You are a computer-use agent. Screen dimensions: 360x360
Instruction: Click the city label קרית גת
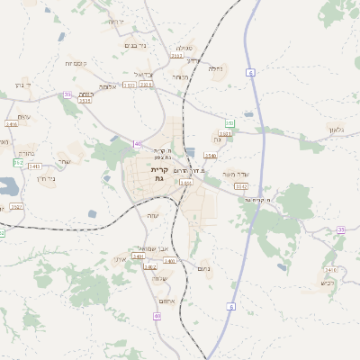tap(159, 174)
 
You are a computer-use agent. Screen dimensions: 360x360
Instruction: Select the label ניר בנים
tap(133, 44)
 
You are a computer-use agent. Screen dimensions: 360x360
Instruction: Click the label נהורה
tap(26, 153)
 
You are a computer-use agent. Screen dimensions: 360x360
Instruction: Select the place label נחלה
tap(215, 68)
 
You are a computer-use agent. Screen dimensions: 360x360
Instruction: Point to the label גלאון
tap(337, 131)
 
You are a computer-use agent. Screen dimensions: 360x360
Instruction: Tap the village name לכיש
tap(328, 282)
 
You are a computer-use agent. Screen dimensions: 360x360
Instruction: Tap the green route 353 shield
tap(229, 122)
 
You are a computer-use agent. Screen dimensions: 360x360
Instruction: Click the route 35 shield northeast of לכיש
tap(341, 230)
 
